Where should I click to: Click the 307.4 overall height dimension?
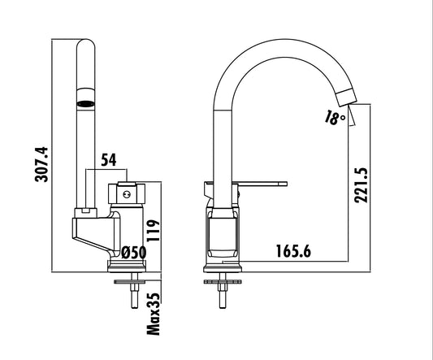click(x=41, y=165)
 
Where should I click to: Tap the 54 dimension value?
click(x=109, y=160)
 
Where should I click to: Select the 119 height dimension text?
click(x=154, y=231)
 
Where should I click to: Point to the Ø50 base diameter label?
click(x=134, y=253)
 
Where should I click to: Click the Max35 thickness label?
click(x=154, y=314)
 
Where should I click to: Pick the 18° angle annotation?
click(x=335, y=117)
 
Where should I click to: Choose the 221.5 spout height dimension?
click(x=362, y=185)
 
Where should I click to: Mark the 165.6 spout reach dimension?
click(x=293, y=251)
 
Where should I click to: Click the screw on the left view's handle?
click(x=127, y=195)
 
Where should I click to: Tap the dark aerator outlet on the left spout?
click(x=85, y=104)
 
